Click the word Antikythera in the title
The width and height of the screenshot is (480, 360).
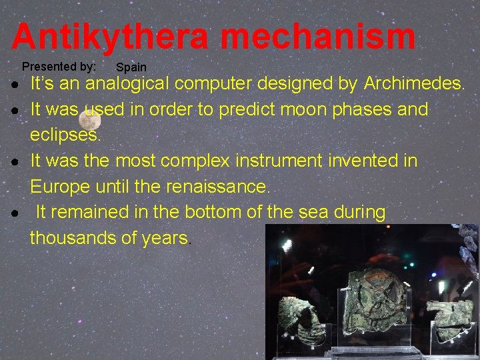110,37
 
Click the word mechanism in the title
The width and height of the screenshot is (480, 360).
318,37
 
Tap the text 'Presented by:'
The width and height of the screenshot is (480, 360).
59,67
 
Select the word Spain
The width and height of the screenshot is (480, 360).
131,67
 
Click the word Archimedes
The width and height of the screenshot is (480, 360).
413,84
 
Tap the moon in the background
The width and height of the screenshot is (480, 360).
89,121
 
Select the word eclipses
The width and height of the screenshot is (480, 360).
65,135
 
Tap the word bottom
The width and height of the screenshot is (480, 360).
216,213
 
